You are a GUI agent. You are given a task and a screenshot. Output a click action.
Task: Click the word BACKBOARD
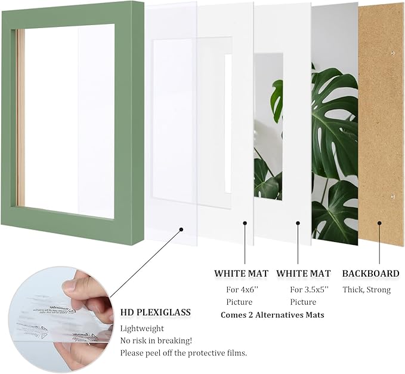coord(370,274)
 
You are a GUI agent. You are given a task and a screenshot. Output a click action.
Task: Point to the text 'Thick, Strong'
coord(366,290)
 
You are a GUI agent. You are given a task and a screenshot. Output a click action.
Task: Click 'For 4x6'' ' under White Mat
coord(241,290)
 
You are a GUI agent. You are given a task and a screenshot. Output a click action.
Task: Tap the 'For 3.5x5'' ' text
coord(303,290)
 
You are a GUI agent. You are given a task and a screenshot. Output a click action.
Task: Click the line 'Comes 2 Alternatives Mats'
coord(272,314)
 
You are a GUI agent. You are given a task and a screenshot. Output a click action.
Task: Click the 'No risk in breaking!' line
coord(156,341)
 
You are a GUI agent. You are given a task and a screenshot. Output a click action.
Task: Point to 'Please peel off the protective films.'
coord(184,353)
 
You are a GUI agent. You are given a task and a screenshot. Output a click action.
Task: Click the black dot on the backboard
coord(379,223)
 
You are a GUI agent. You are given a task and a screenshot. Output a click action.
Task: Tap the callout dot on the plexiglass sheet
coord(181,228)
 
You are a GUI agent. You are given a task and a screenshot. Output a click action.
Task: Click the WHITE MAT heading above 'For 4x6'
coord(241,274)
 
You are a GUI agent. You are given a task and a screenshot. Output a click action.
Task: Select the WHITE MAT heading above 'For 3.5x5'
coord(303,274)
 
